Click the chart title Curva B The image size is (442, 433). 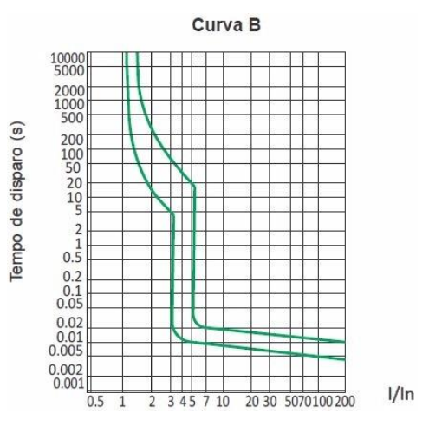226,25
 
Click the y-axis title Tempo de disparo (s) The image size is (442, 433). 16,201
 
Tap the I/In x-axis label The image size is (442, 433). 401,394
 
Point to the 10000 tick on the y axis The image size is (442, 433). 68,58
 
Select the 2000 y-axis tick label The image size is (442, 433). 69,91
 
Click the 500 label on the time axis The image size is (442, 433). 72,118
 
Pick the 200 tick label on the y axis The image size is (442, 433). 72,141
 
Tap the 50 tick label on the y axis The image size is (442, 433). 75,167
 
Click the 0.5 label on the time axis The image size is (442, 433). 73,257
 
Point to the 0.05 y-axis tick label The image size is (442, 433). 70,304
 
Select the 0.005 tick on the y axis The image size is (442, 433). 66,351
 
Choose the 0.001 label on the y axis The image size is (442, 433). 68,384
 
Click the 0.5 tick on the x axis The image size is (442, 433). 95,402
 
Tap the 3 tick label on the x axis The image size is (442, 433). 171,402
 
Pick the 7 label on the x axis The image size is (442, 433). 205,402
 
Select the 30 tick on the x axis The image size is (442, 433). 270,402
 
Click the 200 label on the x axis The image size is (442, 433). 345,402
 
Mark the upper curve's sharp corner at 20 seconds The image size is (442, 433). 192,183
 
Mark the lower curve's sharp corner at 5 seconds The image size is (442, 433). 172,213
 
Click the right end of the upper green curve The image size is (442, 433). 345,342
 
